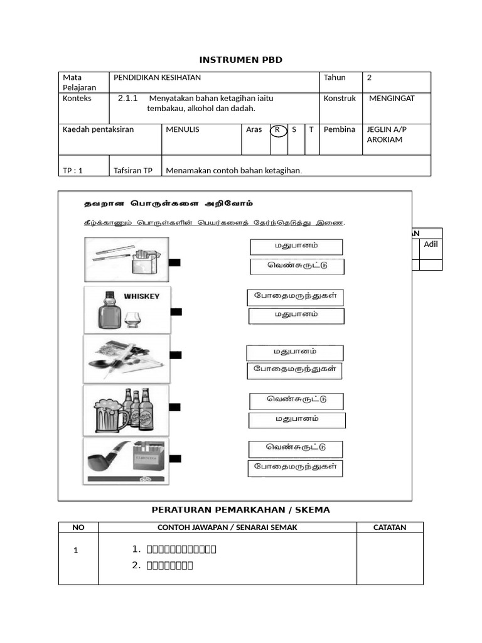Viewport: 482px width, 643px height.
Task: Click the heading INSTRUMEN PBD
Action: click(x=241, y=60)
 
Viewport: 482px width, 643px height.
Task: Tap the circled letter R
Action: click(x=277, y=129)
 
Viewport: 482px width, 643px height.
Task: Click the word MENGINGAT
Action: click(x=392, y=99)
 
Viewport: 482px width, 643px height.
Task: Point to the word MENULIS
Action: click(x=183, y=129)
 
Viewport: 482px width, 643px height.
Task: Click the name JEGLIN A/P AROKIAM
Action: click(x=387, y=134)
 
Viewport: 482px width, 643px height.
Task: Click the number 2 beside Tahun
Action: click(x=370, y=78)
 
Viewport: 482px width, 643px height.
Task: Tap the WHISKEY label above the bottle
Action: click(x=141, y=296)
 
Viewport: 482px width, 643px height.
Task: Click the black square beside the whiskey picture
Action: click(x=176, y=311)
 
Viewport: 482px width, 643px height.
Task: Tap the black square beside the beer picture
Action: click(x=174, y=408)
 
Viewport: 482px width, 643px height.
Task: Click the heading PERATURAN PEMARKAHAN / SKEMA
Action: click(x=241, y=510)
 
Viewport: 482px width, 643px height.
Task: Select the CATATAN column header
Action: click(x=390, y=527)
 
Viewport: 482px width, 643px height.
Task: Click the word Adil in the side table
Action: click(x=431, y=244)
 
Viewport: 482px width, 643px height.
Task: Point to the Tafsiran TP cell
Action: click(x=133, y=171)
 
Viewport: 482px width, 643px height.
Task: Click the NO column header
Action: click(x=78, y=527)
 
